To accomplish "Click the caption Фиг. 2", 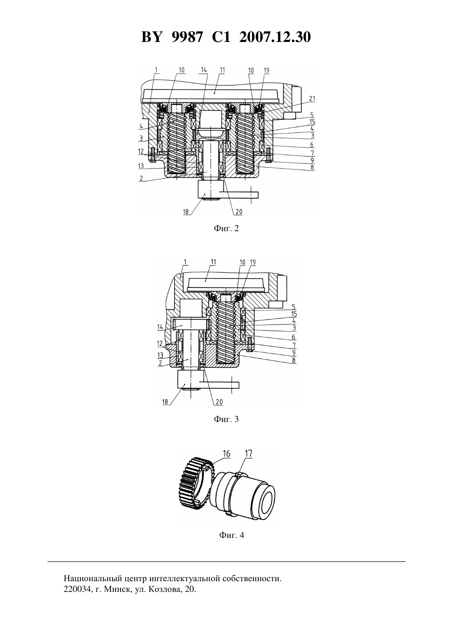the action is click(226, 228).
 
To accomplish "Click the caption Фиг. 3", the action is click(226, 419).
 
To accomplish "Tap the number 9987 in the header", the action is click(187, 37).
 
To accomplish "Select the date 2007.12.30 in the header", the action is click(275, 37).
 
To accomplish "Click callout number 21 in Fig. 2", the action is click(312, 99).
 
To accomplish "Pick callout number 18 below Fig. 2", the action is click(186, 212).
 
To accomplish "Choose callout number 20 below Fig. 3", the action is click(219, 402).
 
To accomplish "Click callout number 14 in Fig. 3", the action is click(160, 327).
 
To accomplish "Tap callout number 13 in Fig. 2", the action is click(141, 166).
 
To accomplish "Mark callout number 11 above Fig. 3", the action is click(213, 262).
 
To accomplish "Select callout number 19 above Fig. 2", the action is click(266, 70).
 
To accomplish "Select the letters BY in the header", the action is click(152, 37).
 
